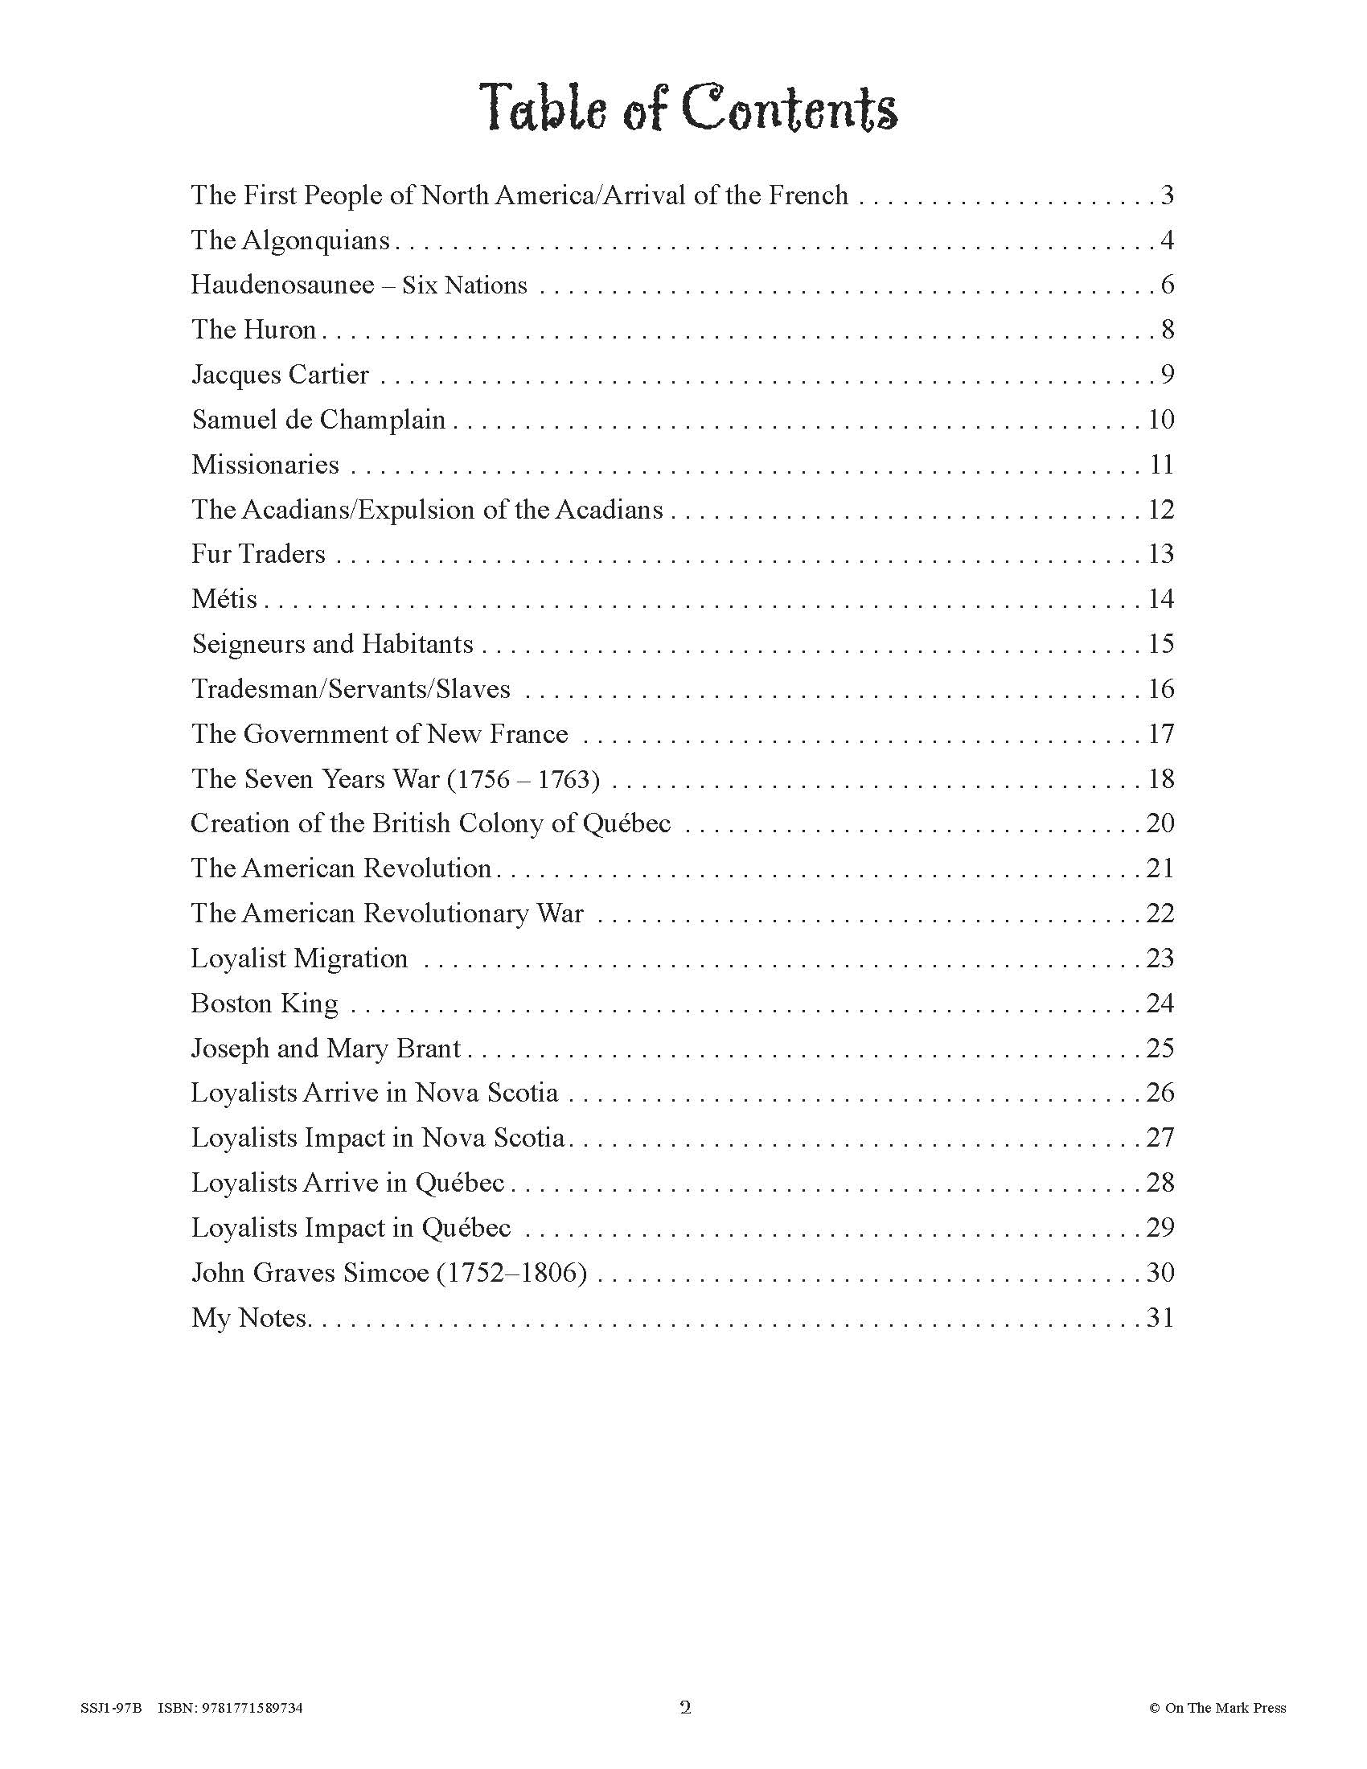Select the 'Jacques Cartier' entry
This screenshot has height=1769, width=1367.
click(x=280, y=375)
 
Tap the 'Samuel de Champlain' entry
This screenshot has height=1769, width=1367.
click(x=318, y=420)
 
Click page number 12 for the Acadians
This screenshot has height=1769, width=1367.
click(x=1160, y=510)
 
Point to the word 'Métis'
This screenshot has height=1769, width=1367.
click(x=224, y=599)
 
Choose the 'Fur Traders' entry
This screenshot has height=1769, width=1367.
click(x=258, y=554)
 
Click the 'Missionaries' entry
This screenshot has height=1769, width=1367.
click(x=265, y=465)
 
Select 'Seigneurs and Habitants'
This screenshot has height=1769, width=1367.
click(x=332, y=644)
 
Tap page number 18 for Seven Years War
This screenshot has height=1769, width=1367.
click(x=1160, y=779)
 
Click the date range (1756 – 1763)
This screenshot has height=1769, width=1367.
click(x=523, y=779)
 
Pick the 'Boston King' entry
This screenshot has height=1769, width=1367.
click(x=264, y=1004)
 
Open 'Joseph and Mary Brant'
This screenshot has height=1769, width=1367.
click(x=326, y=1049)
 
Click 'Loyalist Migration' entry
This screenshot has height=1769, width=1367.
click(x=299, y=959)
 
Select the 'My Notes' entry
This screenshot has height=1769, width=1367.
click(x=249, y=1318)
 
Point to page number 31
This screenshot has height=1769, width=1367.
click(x=1160, y=1318)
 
